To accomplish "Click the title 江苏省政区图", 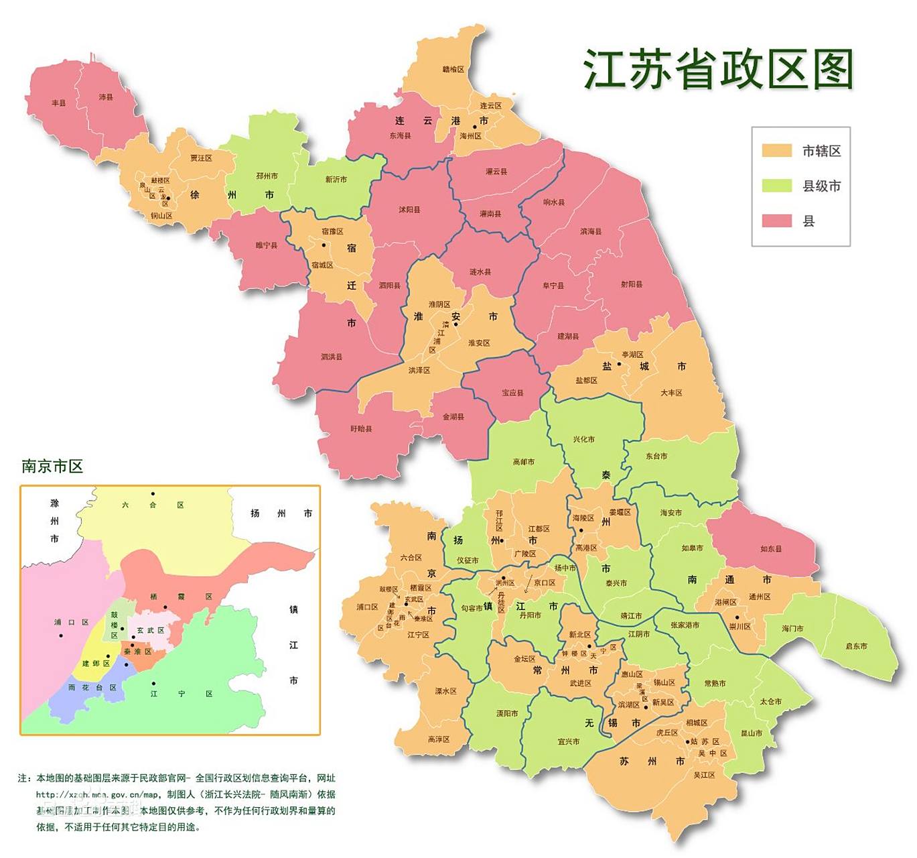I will pos(717,69).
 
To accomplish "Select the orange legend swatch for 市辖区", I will pos(776,150).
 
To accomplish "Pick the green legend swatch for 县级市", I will pos(776,186).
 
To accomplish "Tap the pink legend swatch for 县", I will pos(776,221).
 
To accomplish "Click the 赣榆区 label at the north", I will pos(453,69).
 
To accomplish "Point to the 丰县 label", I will pos(59,103).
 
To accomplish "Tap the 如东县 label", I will pos(770,548).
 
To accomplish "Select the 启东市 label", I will pos(855,646).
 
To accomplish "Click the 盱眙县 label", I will pos(361,428).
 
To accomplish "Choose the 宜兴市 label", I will pos(568,741).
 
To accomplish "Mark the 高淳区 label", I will pos(439,739).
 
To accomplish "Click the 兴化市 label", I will pos(583,439).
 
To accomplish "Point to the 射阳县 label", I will pos(631,284).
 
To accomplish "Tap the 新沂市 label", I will pos(336,179).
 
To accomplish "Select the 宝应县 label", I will pos(512,392).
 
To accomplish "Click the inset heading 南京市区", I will pos(52,467).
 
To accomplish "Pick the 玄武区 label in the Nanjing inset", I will pos(150,630).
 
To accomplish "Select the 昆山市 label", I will pos(751,733).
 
